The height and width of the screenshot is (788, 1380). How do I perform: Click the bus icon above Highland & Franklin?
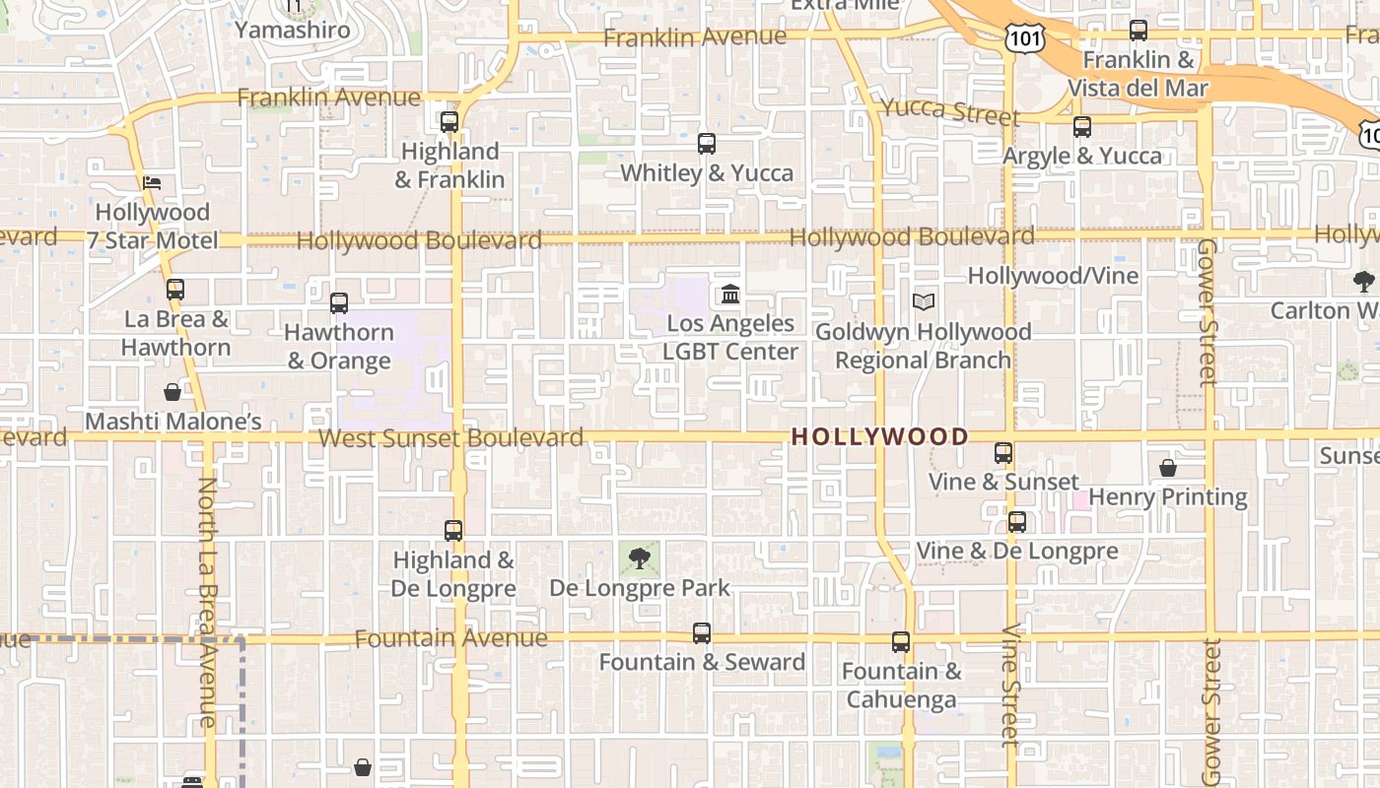coord(449,122)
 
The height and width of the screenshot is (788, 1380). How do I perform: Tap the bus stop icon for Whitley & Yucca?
coord(706,144)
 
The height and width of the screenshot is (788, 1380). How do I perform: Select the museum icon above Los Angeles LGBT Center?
coord(730,294)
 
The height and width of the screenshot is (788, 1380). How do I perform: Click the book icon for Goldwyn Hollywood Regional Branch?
coord(923,301)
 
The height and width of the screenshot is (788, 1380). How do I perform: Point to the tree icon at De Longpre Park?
coord(640,558)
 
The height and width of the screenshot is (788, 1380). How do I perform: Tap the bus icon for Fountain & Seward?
coord(702,632)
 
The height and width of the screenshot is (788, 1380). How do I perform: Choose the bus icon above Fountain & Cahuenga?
coord(901,642)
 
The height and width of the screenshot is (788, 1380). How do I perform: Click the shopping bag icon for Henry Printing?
coord(1168,468)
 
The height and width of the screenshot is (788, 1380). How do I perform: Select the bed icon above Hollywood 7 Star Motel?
coord(152,183)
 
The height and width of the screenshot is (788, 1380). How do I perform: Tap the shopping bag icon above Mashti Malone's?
coord(172,392)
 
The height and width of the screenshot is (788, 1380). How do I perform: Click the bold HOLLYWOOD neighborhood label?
coord(880,436)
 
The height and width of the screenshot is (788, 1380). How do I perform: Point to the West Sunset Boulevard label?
coord(451,437)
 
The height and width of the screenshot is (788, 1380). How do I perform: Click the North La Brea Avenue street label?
coord(207,602)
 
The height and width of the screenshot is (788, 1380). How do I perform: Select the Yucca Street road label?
coord(949,111)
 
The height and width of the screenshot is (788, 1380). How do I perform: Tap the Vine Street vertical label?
coord(1010,686)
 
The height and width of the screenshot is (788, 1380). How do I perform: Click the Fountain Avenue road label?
coord(450,638)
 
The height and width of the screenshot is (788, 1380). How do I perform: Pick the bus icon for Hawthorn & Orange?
coord(339,303)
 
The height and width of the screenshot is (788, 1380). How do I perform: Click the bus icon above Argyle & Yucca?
coord(1082,127)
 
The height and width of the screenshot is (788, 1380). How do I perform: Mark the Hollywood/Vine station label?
coord(1053,276)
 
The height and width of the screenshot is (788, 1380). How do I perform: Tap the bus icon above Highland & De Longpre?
coord(453,531)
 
